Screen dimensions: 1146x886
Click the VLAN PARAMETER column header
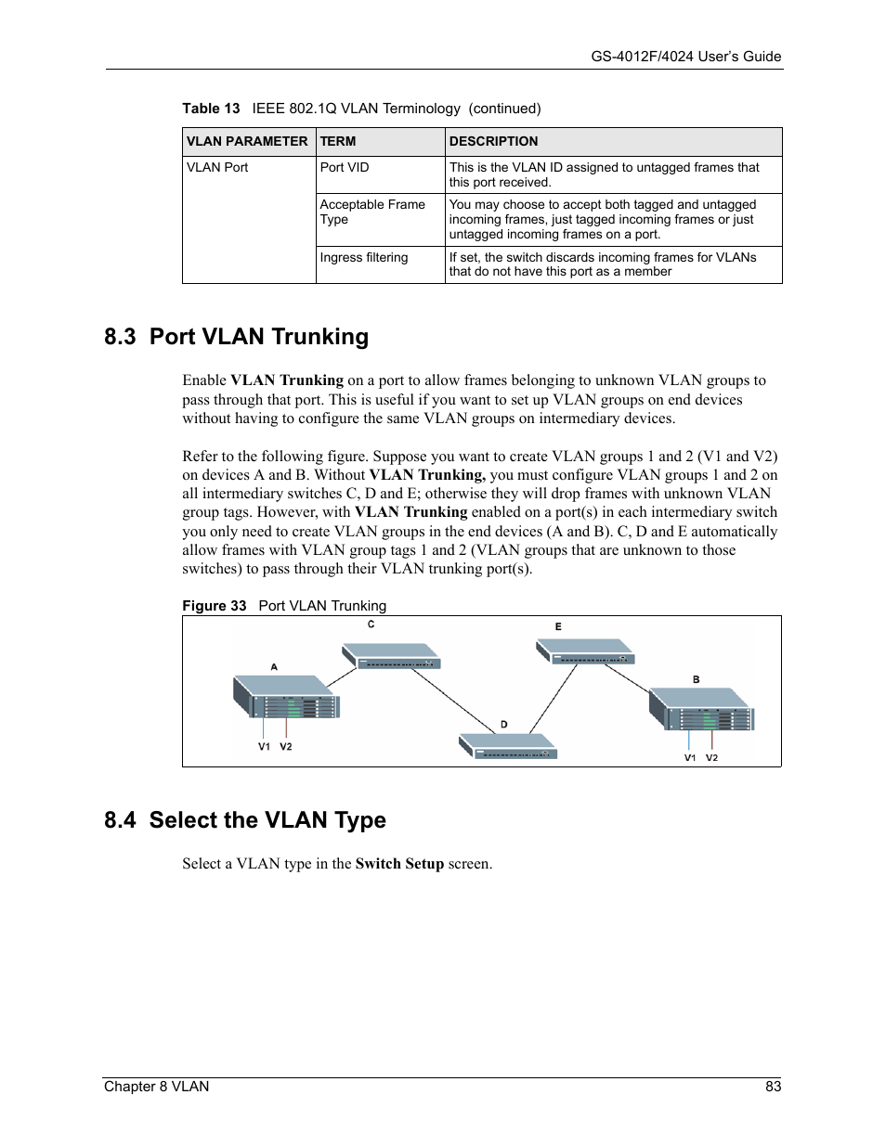[247, 141]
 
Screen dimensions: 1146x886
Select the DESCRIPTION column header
[493, 141]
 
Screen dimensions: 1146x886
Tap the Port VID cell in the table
[345, 167]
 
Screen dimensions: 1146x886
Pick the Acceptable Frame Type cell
[372, 212]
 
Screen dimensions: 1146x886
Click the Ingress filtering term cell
[364, 257]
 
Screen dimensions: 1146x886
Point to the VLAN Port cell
[217, 167]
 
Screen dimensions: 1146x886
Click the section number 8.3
[120, 337]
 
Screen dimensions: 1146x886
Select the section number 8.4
[120, 820]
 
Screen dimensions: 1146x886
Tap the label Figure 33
[214, 606]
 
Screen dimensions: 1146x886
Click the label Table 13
[211, 109]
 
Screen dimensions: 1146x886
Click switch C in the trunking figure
[393, 656]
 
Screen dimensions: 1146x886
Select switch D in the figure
[509, 746]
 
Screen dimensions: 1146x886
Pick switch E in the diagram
[586, 651]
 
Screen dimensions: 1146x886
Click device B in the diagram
[702, 709]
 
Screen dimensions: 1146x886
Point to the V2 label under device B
[711, 758]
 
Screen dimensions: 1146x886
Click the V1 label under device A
[264, 747]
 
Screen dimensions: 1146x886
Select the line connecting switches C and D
[454, 701]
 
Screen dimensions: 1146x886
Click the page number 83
[773, 1087]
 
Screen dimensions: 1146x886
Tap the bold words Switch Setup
[399, 864]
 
